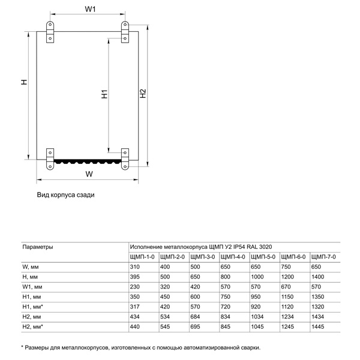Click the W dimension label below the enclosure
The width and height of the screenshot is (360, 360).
pyautogui.click(x=89, y=174)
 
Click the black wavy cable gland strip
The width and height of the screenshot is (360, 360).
pyautogui.click(x=88, y=161)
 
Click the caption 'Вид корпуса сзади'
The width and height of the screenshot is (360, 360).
pyautogui.click(x=66, y=195)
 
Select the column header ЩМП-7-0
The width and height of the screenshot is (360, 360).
pyautogui.click(x=323, y=257)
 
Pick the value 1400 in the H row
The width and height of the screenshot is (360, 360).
pyautogui.click(x=318, y=277)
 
